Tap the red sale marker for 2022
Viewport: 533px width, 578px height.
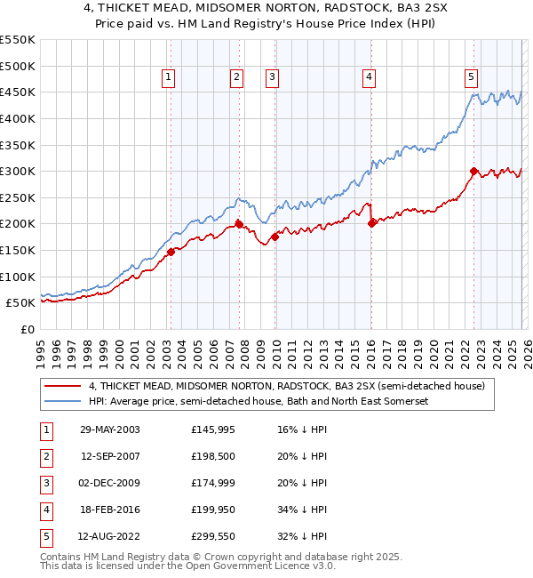pos(473,171)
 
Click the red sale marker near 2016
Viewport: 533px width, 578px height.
pos(371,223)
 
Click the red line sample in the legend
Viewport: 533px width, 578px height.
pos(63,387)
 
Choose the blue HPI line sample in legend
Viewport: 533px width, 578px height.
pos(63,402)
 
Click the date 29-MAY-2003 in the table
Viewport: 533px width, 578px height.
pos(110,429)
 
